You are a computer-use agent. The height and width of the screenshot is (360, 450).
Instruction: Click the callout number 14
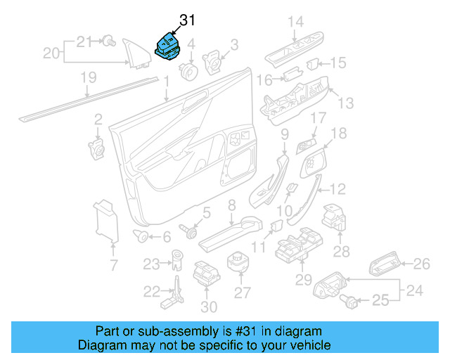[x=295, y=22]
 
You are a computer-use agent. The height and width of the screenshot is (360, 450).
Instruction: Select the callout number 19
[x=88, y=78]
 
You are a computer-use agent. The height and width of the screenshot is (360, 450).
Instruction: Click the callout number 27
[x=241, y=292]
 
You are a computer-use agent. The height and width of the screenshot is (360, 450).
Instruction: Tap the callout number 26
[x=420, y=264]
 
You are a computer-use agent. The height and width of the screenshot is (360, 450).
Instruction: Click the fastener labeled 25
[x=347, y=301]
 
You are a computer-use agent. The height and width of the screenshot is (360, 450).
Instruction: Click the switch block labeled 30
[x=205, y=274]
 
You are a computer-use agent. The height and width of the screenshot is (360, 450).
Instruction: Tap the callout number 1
[x=167, y=83]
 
